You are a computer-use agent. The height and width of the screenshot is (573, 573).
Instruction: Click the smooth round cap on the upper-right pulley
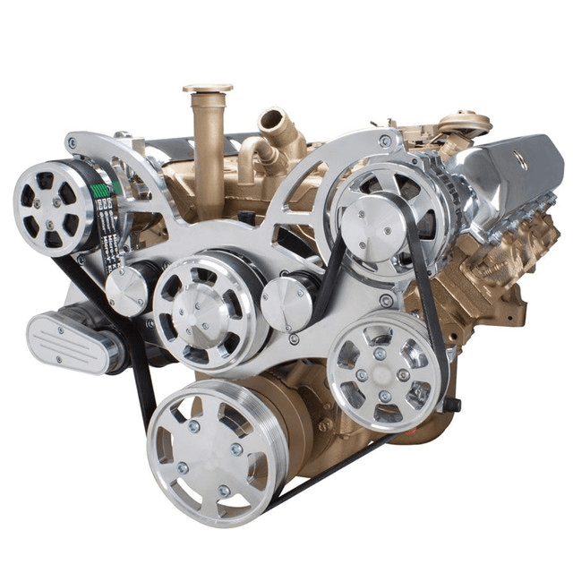click(369, 220)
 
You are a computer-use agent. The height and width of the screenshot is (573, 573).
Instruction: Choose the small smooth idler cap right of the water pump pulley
click(284, 302)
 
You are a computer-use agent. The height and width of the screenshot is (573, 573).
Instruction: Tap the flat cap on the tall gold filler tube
click(208, 90)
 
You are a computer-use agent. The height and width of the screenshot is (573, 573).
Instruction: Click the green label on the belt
click(101, 190)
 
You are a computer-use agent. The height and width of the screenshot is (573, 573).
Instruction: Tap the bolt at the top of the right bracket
click(385, 141)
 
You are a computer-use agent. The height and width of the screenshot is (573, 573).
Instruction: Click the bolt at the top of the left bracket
click(72, 142)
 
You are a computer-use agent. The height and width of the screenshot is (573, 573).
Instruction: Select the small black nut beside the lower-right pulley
click(452, 405)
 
